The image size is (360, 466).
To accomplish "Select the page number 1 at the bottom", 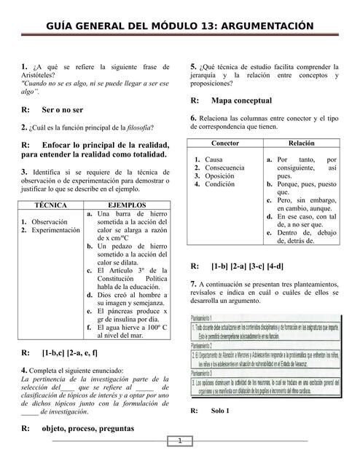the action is tap(179, 441).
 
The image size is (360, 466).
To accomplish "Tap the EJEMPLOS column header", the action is tap(128, 205).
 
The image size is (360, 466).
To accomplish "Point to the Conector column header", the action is tap(224, 143).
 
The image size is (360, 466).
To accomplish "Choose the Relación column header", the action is tap(301, 143).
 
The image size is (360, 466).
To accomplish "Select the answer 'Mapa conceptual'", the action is tap(241, 100).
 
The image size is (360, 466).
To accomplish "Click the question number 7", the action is tap(192, 283).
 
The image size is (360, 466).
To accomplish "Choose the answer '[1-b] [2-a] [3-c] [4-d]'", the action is tap(247, 266).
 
